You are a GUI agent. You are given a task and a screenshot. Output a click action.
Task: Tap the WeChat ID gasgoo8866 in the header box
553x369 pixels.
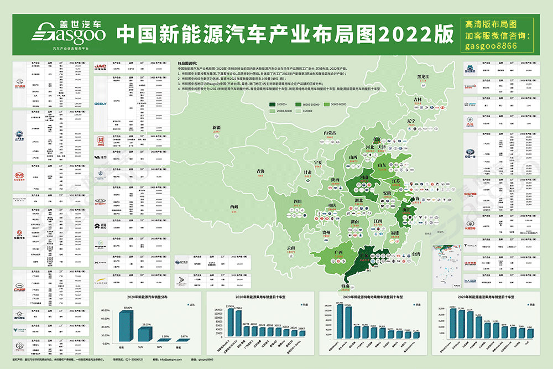click(491, 45)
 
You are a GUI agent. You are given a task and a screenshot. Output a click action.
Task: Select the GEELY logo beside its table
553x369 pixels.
click(100, 103)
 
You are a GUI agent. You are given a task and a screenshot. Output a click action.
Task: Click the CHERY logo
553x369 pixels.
click(100, 202)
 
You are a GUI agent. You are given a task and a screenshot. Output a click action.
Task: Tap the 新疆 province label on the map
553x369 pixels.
click(216, 127)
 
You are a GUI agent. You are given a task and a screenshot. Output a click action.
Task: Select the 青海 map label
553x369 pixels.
click(260, 171)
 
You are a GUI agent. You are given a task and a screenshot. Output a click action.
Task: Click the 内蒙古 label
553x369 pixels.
click(330, 133)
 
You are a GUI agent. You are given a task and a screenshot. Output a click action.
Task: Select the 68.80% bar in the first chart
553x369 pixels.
click(129, 327)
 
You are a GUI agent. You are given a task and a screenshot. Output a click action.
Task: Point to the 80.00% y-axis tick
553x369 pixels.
click(106, 310)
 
